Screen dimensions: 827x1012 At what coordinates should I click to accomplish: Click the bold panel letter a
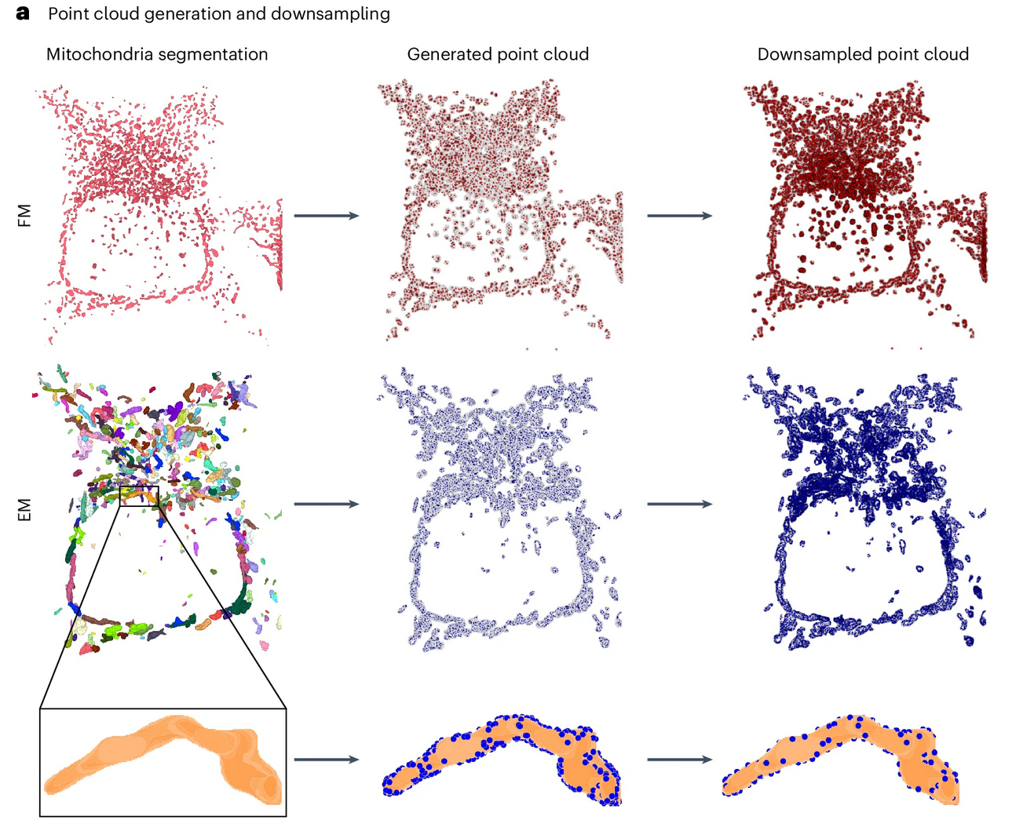(23, 13)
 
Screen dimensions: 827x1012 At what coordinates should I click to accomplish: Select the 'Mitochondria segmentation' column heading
(157, 54)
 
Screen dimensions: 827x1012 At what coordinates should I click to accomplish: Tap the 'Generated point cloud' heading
(498, 54)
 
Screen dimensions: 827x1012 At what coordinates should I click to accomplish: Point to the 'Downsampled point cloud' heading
(863, 54)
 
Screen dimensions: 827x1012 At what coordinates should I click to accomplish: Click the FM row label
(25, 215)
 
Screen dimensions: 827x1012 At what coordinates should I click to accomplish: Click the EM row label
(25, 510)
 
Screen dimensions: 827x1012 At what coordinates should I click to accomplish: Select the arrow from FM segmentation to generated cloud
(326, 216)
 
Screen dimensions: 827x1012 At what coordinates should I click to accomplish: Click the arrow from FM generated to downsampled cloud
(679, 216)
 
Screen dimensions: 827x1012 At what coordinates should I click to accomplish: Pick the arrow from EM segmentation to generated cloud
(326, 504)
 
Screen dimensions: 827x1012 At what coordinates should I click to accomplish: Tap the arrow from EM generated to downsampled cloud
(679, 504)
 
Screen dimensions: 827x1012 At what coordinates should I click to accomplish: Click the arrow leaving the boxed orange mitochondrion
(326, 759)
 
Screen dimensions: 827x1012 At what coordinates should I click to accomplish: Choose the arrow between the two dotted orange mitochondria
(679, 759)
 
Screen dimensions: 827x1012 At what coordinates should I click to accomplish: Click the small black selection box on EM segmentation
(139, 496)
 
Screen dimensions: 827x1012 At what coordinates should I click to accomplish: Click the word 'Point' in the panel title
(68, 14)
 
